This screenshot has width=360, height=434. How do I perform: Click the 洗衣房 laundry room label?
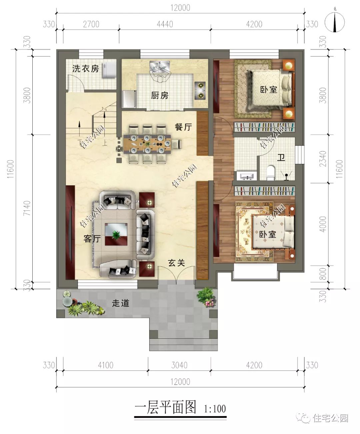86,69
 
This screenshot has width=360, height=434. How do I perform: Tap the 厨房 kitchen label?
160,96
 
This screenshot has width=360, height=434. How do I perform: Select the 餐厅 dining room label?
183,127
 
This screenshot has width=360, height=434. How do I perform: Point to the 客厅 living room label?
92,239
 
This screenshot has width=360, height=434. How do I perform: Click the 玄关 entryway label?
176,263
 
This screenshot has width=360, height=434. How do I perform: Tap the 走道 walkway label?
120,303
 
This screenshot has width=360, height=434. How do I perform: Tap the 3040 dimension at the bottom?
179,365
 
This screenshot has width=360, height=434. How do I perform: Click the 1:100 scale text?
215,409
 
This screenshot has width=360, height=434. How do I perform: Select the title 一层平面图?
165,407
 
